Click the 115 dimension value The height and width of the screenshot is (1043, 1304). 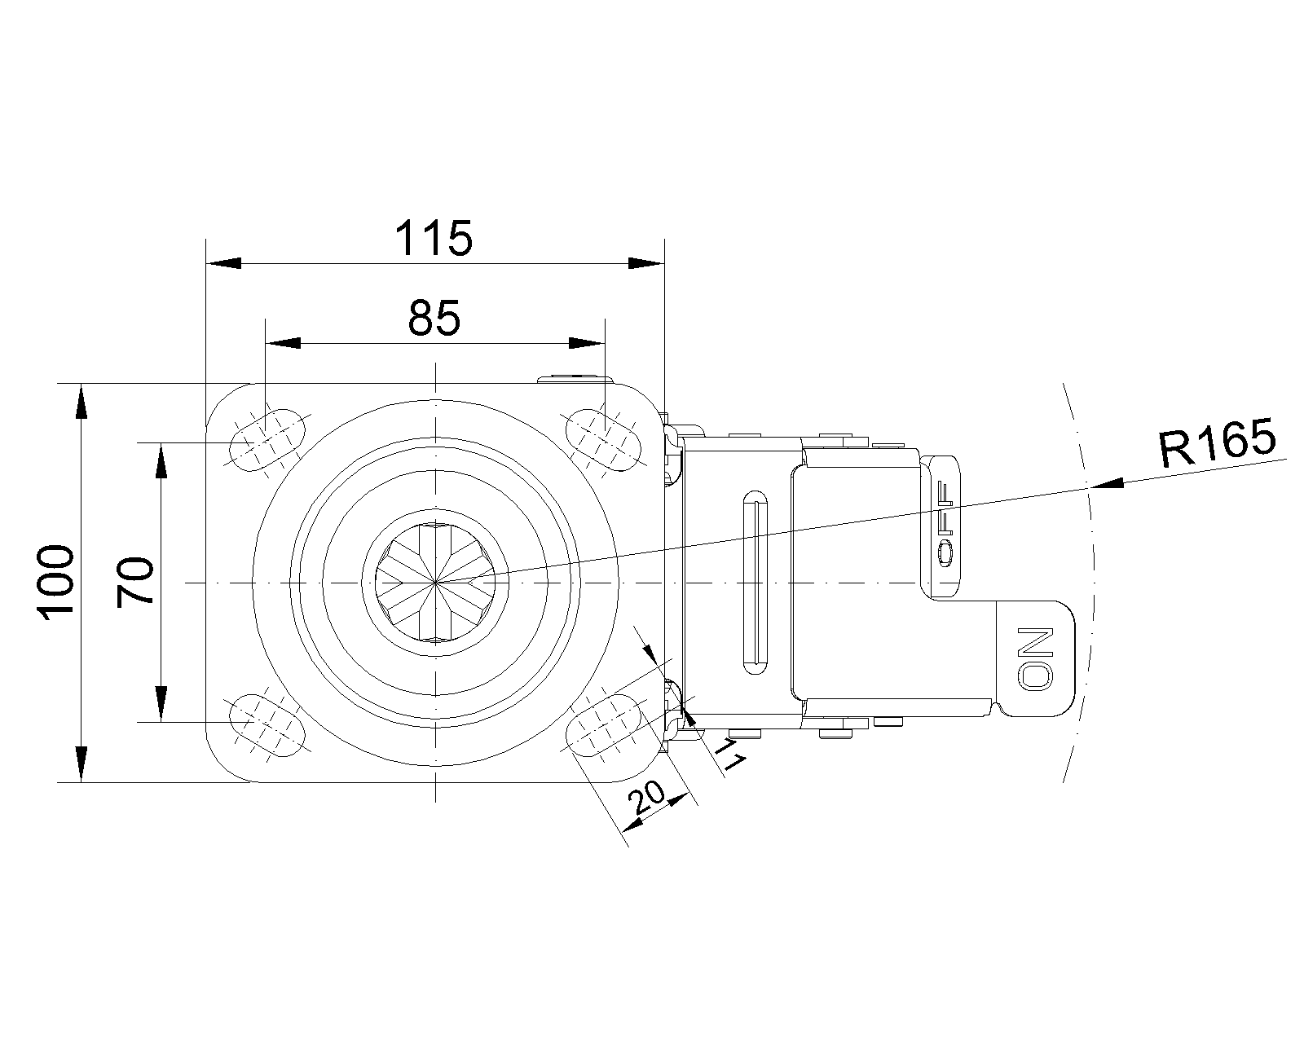point(434,238)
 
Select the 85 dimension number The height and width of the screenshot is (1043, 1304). point(434,318)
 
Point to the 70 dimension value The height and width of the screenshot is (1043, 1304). point(135,582)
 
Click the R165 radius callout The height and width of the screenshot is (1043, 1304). point(1217,442)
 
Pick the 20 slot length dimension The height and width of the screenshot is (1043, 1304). point(646,798)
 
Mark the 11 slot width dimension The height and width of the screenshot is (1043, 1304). point(730,755)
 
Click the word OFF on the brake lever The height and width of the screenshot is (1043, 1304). point(945,524)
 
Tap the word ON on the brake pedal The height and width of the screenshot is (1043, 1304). point(1035,658)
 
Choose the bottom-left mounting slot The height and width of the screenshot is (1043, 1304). point(267,725)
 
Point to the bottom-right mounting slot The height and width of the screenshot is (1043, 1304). point(604,725)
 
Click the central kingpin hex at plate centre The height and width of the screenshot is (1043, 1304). point(435,582)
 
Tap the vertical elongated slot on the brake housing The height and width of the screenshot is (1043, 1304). point(755,583)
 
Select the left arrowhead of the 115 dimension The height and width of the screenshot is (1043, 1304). point(224,264)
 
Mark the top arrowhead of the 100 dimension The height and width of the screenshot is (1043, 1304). point(81,401)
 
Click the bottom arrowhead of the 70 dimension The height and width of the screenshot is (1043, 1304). point(161,703)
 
